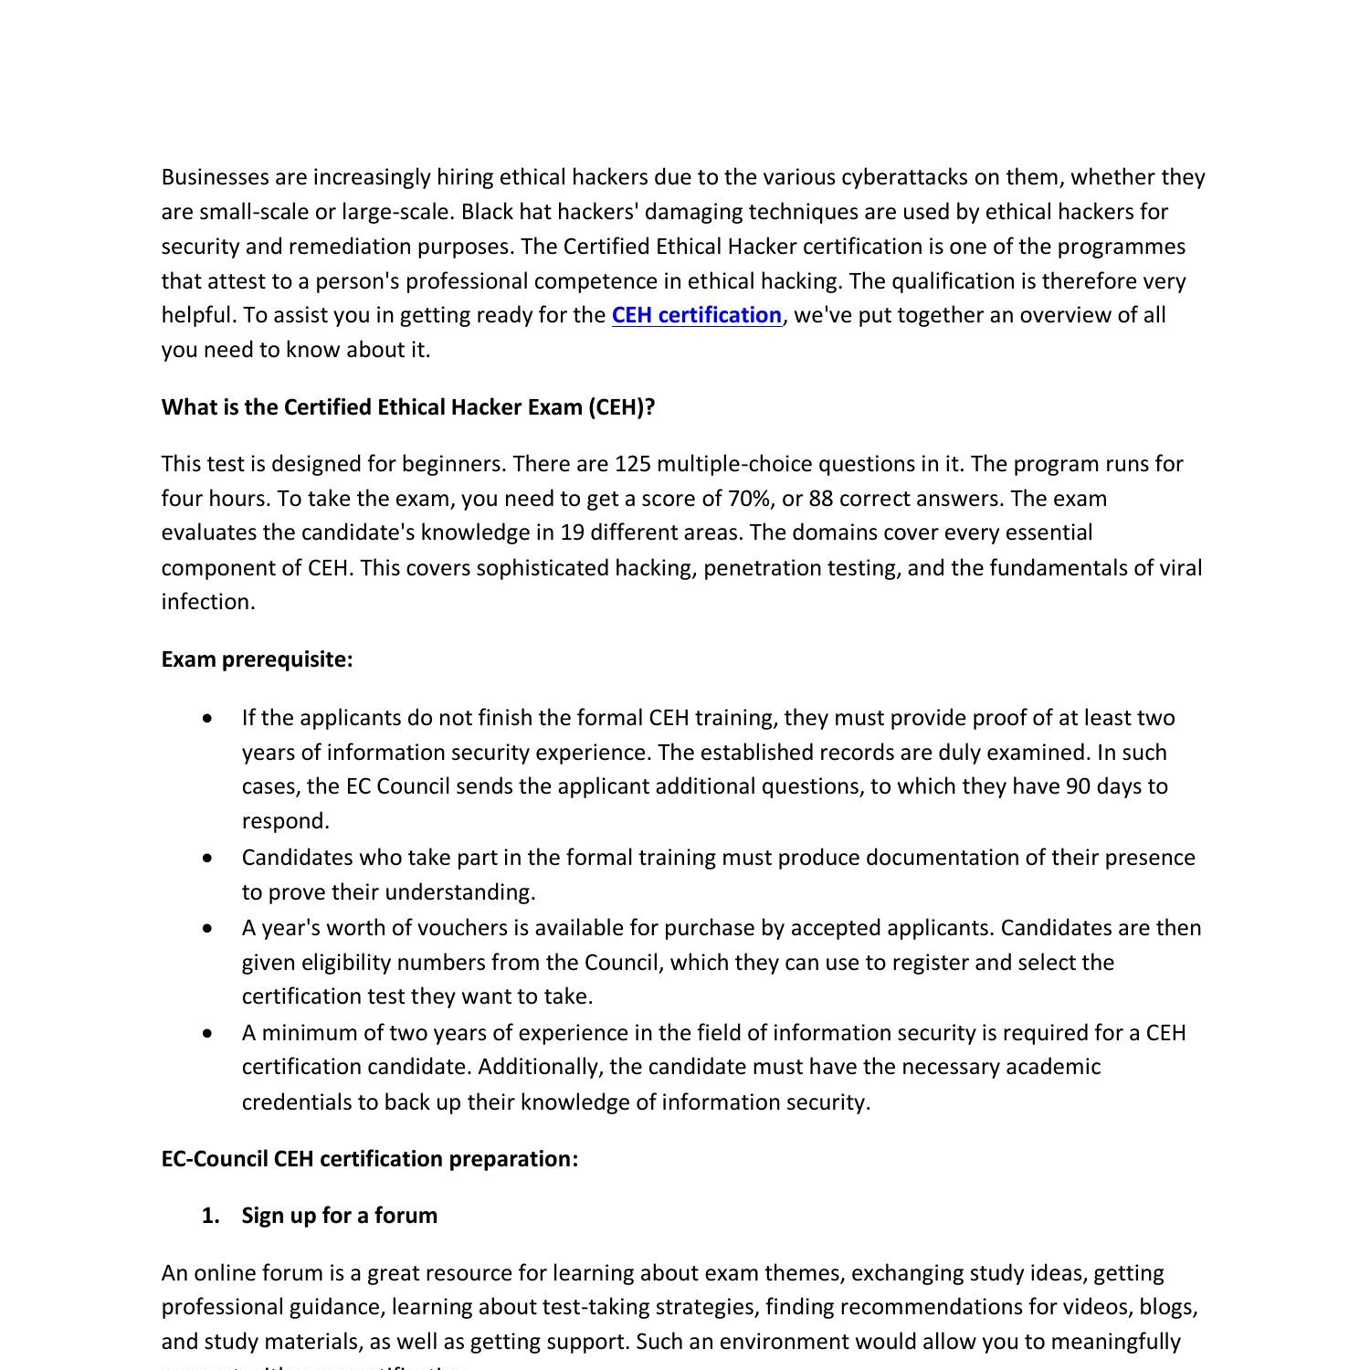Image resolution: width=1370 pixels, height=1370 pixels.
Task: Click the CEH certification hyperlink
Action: pyautogui.click(x=696, y=315)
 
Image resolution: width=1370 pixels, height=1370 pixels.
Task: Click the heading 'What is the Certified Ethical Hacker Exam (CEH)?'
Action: pyautogui.click(x=408, y=407)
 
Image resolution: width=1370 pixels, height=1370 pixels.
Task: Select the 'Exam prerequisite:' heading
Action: pyautogui.click(x=257, y=659)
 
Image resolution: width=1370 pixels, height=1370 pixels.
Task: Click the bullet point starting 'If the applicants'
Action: pyautogui.click(x=210, y=719)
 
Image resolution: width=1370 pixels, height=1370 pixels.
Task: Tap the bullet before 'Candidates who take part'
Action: pyautogui.click(x=210, y=859)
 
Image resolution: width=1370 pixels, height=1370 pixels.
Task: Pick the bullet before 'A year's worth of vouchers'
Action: pyautogui.click(x=210, y=929)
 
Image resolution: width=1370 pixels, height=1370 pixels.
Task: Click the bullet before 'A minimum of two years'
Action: pyautogui.click(x=210, y=1034)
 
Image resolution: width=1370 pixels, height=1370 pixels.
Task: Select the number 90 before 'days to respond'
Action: pyautogui.click(x=1078, y=786)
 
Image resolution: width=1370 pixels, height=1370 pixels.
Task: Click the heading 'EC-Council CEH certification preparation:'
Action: pyautogui.click(x=369, y=1159)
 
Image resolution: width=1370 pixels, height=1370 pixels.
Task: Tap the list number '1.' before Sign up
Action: pyautogui.click(x=211, y=1216)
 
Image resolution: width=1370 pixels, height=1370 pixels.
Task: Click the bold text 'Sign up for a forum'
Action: pyautogui.click(x=339, y=1216)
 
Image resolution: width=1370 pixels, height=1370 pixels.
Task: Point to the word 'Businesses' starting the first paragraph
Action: pyautogui.click(x=215, y=177)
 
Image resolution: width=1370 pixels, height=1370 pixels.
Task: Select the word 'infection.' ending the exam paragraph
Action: pyautogui.click(x=208, y=602)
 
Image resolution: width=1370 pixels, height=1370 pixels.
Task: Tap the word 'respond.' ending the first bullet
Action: pyautogui.click(x=285, y=821)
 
